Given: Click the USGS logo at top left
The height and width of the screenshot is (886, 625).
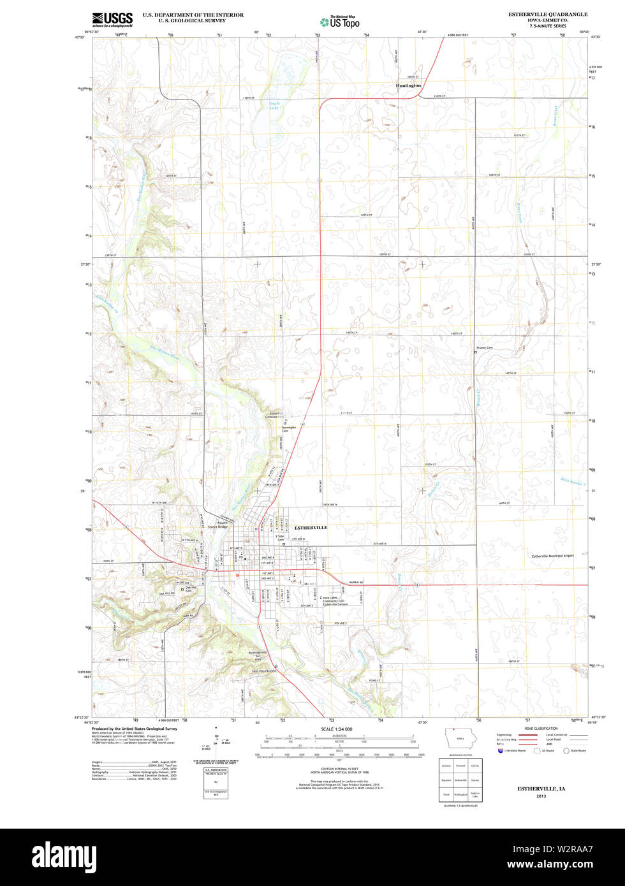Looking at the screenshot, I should (x=112, y=19).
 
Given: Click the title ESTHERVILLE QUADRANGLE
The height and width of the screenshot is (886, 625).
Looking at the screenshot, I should (x=547, y=14).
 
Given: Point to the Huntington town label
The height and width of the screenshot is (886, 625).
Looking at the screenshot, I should (x=408, y=85).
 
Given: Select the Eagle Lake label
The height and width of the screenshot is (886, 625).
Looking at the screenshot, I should (x=274, y=105).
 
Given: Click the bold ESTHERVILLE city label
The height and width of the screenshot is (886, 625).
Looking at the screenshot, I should (x=311, y=528).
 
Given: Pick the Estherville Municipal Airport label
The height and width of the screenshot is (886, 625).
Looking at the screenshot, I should (x=552, y=556).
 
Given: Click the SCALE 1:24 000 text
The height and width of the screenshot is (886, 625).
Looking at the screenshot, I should (x=336, y=729).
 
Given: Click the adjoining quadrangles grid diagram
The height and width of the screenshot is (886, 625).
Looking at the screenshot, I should (x=460, y=780).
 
